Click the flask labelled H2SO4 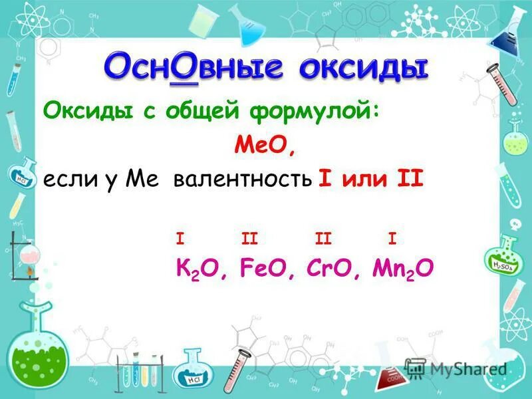[x=505, y=256]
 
